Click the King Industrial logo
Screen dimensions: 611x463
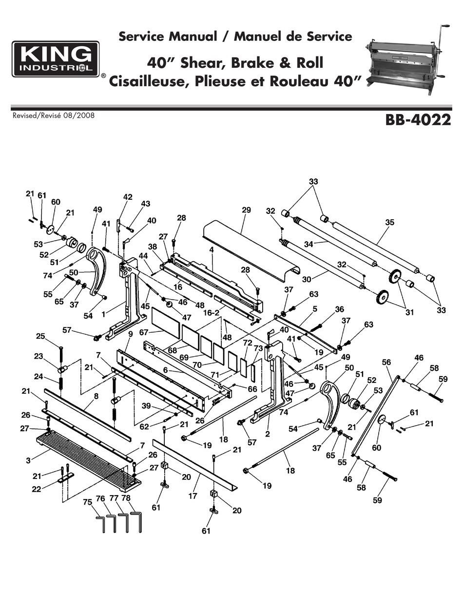pyautogui.click(x=56, y=59)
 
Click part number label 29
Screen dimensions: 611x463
pyautogui.click(x=246, y=210)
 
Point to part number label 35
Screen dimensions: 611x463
pyautogui.click(x=389, y=223)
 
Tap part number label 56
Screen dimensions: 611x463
pyautogui.click(x=386, y=362)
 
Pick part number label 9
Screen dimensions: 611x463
pyautogui.click(x=131, y=334)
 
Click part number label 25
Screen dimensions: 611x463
pyautogui.click(x=40, y=336)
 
